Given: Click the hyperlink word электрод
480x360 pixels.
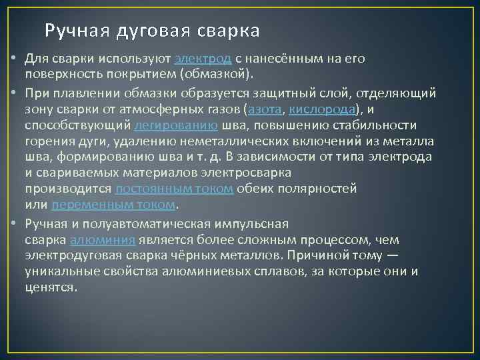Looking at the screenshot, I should [x=203, y=59].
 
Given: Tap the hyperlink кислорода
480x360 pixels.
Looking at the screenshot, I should [x=323, y=110].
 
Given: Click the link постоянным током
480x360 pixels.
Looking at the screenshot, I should [x=174, y=189].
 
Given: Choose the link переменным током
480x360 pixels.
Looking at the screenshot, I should [x=113, y=204].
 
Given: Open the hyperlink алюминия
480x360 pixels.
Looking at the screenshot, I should [x=103, y=239].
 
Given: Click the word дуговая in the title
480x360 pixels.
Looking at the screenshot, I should [x=153, y=31].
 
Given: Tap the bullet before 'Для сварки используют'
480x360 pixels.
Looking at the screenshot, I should [x=13, y=59].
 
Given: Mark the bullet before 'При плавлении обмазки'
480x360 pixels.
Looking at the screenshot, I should [x=13, y=94].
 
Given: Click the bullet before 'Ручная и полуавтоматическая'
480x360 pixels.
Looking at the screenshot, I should [x=13, y=223].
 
